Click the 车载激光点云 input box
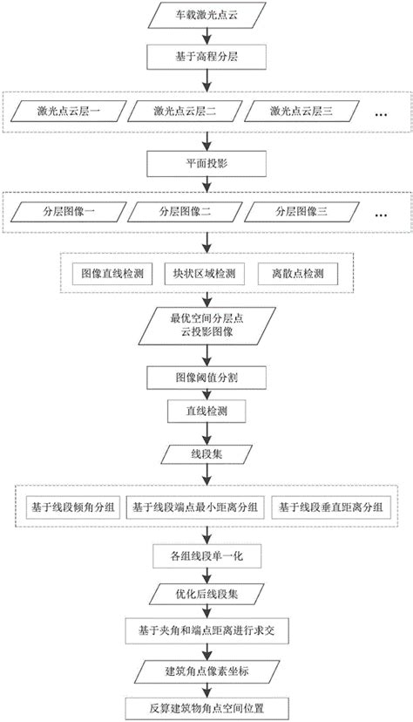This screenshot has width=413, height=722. [206, 17]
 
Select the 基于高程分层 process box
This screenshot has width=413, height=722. [206, 62]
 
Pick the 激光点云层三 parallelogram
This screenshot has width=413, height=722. [301, 112]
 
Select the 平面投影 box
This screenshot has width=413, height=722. [206, 162]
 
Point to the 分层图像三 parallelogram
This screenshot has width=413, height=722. [301, 212]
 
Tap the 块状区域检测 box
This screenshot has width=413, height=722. [205, 273]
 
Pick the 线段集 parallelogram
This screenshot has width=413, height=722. [206, 456]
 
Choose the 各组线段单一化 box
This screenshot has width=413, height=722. [206, 555]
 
